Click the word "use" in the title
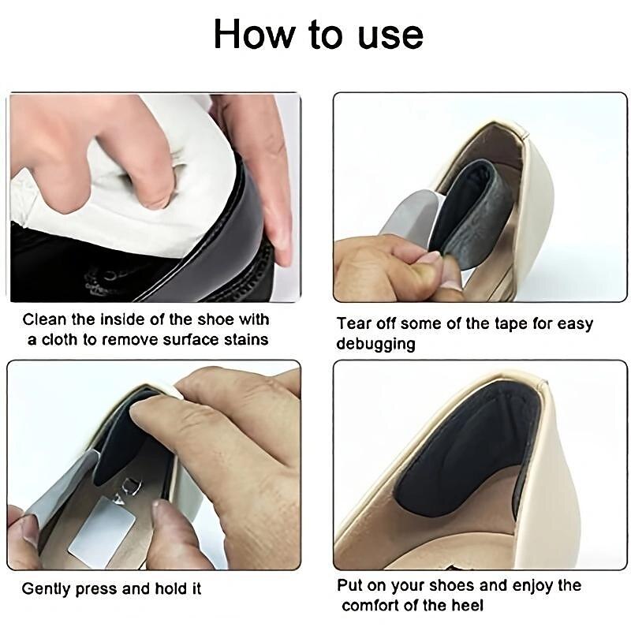[x=390, y=35]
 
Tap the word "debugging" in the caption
[x=375, y=345]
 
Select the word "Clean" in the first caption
[x=44, y=319]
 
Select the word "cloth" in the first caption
[x=60, y=339]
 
